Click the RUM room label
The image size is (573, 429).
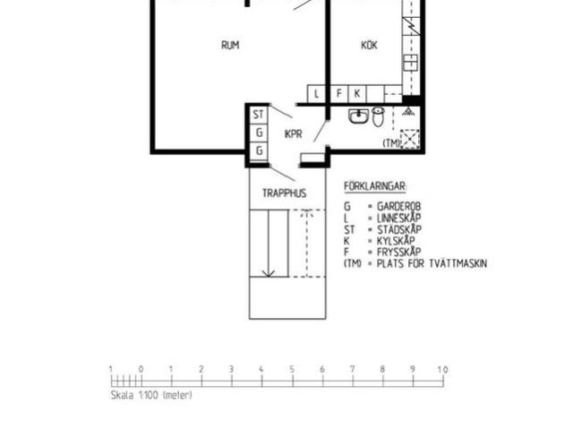click(230, 45)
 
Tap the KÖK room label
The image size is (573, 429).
click(369, 45)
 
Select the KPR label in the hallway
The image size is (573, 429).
click(292, 134)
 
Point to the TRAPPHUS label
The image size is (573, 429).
click(284, 193)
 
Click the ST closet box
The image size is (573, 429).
click(259, 115)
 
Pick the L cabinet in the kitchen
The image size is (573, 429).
click(317, 93)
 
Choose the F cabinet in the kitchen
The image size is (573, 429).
click(338, 93)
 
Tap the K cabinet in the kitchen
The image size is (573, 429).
click(357, 93)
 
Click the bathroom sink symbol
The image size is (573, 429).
click(358, 116)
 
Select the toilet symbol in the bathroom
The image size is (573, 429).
click(379, 117)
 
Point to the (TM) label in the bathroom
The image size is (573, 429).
click(390, 143)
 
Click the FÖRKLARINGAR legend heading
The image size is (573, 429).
click(375, 186)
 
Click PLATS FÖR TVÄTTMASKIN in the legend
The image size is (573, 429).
click(432, 263)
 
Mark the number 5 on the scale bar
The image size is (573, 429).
click(292, 369)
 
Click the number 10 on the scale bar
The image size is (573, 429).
click(442, 369)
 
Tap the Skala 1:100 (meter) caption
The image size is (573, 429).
click(150, 395)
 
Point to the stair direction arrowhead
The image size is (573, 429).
click(267, 274)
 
